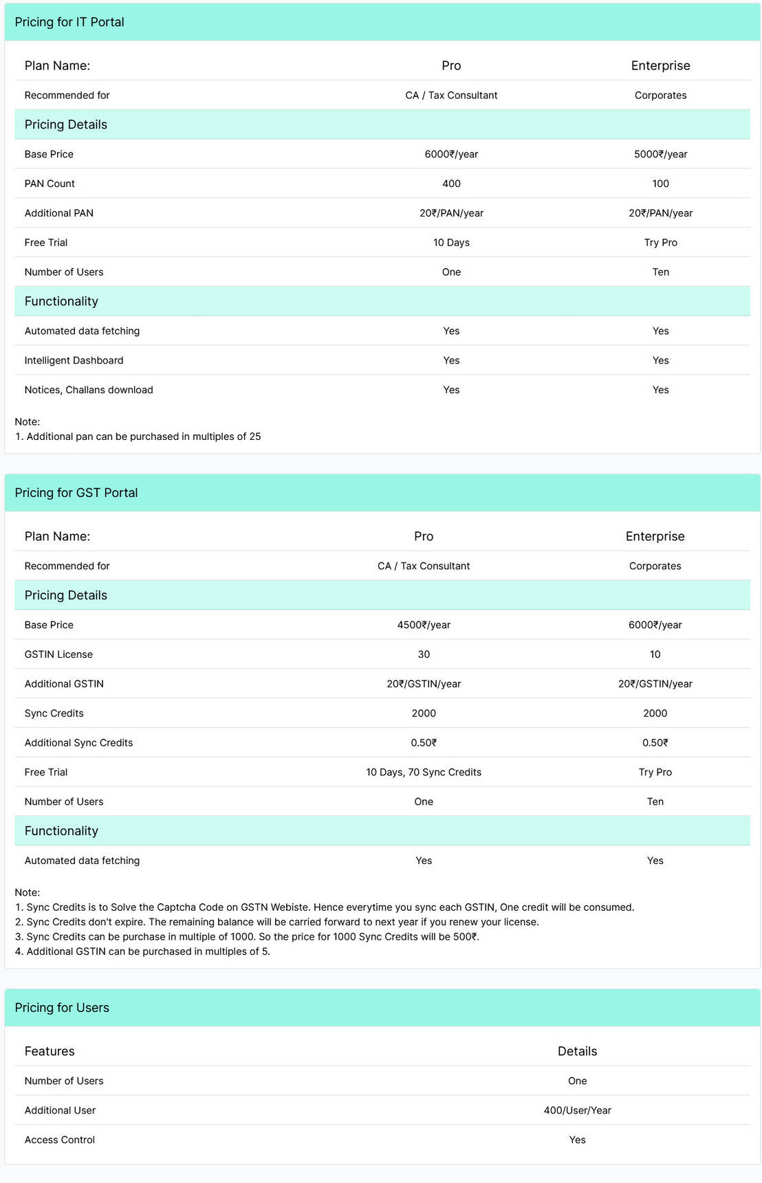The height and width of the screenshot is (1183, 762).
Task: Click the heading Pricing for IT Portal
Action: point(69,22)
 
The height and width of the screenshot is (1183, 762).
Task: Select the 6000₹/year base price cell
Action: point(451,154)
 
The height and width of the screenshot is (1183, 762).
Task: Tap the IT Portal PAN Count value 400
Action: point(451,184)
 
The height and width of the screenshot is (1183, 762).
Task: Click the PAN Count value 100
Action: point(660,184)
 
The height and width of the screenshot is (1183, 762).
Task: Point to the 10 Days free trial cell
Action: point(451,243)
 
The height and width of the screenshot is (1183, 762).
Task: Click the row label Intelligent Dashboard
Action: point(74,360)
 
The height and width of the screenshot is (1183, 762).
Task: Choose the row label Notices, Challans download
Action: point(89,390)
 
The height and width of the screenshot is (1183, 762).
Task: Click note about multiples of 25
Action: point(138,436)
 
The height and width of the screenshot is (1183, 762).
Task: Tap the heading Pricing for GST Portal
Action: point(76,493)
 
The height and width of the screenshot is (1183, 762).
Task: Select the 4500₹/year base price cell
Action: point(424,625)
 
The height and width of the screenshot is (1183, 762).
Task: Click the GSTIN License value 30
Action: point(424,654)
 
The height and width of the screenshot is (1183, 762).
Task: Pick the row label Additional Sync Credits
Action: point(78,742)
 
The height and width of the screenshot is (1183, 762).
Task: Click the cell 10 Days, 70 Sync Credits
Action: point(424,772)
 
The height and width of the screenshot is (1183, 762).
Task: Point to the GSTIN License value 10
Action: point(655,654)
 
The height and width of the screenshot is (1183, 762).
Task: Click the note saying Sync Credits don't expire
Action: point(276,922)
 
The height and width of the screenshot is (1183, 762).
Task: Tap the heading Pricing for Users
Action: point(62,1008)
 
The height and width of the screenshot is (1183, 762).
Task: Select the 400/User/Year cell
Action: point(577,1110)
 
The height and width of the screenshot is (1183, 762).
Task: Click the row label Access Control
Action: point(60,1140)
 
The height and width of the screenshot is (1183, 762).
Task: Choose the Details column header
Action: point(577,1051)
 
